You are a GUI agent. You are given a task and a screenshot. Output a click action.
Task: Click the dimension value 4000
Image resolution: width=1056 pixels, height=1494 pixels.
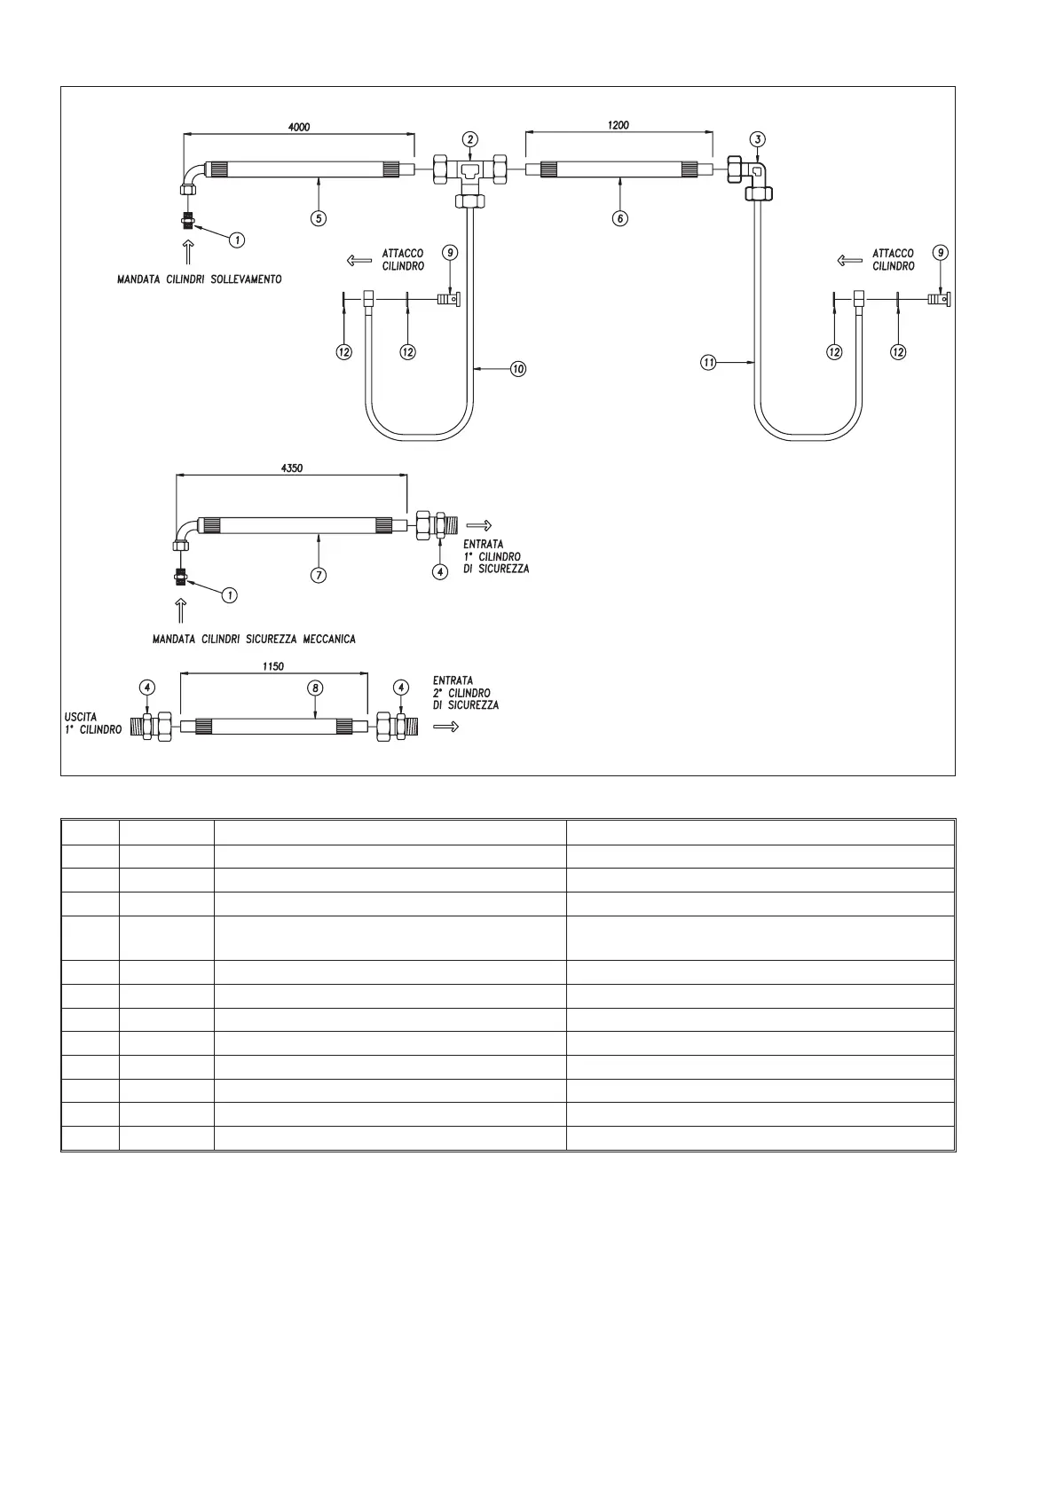(299, 127)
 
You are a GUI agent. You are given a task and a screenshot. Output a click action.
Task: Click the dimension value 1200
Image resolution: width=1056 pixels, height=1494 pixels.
(619, 125)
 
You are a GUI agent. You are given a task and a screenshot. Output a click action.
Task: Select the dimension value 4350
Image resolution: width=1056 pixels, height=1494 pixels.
(292, 468)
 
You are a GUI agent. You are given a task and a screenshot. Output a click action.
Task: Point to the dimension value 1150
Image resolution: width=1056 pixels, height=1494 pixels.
(273, 666)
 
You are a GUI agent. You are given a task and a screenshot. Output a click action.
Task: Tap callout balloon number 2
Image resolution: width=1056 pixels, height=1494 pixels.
(470, 139)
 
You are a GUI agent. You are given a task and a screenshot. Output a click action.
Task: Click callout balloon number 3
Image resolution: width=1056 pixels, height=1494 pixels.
(757, 139)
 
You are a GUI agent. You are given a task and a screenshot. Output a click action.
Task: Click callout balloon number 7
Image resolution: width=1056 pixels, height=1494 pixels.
(319, 575)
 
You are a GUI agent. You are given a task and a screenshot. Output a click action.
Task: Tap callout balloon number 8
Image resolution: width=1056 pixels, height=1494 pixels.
(315, 688)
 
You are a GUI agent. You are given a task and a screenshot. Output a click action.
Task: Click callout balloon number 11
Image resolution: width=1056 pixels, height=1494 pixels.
(708, 362)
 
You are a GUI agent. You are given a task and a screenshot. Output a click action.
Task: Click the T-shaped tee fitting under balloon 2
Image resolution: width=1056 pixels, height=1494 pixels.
(470, 173)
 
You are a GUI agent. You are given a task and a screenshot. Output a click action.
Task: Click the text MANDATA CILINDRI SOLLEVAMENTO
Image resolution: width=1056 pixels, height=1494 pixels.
(200, 279)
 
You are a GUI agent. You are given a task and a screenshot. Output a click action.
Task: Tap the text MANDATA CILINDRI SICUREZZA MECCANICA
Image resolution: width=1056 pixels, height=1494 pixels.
(254, 639)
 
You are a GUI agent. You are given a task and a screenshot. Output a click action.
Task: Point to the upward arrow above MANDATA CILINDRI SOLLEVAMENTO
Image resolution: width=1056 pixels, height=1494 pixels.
(188, 253)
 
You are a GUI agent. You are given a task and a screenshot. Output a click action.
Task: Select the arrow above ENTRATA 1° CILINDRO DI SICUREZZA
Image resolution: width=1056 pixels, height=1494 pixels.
(479, 524)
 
